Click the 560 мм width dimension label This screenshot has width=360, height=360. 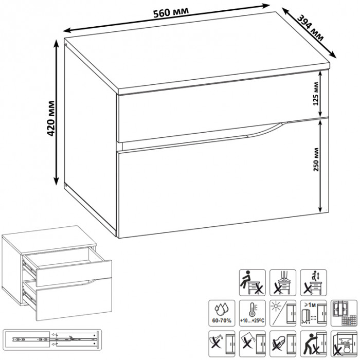[171, 12]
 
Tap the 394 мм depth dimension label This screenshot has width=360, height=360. [311, 28]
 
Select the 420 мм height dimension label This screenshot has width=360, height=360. [51, 118]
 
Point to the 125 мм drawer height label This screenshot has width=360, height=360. [316, 94]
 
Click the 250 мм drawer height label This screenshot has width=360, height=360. [316, 159]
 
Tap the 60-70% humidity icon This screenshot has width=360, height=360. [222, 313]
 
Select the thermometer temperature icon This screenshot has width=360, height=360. [253, 313]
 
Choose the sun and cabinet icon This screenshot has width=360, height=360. [283, 313]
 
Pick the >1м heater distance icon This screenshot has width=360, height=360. [313, 313]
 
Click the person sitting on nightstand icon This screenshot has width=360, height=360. [253, 283]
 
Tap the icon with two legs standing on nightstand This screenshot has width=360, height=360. [283, 283]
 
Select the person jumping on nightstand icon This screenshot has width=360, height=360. [313, 283]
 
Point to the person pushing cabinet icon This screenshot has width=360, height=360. [313, 344]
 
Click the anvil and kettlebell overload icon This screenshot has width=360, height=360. [344, 344]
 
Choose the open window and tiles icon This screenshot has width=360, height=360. [344, 313]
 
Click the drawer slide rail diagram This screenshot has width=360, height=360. [52, 340]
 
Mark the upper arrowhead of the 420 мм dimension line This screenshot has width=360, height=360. [56, 43]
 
